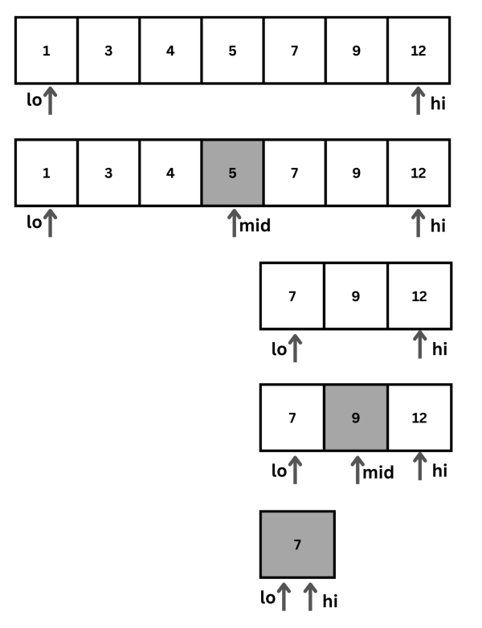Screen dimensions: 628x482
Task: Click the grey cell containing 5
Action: [x=232, y=172]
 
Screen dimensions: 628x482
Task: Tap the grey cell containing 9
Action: [x=356, y=418]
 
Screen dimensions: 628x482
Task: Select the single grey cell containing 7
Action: [x=297, y=544]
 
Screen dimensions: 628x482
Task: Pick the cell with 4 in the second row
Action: [x=170, y=172]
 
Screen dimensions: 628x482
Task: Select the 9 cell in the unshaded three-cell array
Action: [x=356, y=296]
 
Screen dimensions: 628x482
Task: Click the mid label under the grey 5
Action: [x=255, y=226]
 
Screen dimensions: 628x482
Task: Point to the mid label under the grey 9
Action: [x=378, y=472]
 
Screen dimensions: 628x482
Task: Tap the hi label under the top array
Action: [x=438, y=104]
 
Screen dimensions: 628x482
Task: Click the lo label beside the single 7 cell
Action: [x=267, y=598]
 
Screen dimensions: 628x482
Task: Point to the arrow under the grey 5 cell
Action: [x=234, y=222]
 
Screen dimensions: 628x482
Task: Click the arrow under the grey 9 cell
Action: [x=357, y=468]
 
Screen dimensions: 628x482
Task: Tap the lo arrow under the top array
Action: [x=50, y=101]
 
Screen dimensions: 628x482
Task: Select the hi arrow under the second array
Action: [x=418, y=222]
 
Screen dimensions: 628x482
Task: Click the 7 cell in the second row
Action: [x=294, y=172]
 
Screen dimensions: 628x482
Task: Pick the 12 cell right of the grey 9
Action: [x=419, y=418]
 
